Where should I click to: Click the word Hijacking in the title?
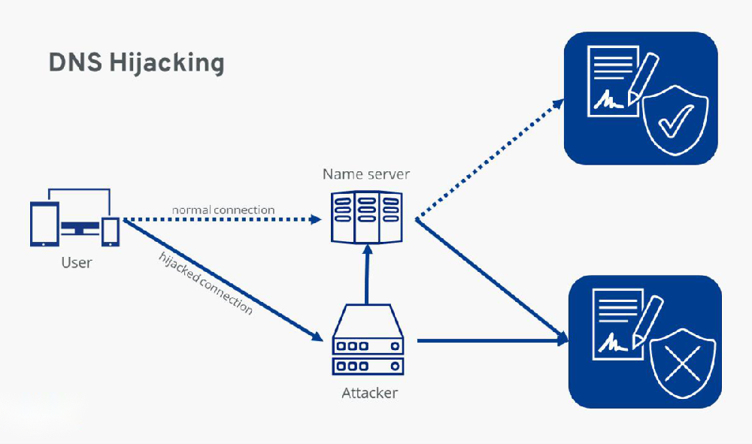coord(167,63)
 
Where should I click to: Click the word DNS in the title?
coord(75,62)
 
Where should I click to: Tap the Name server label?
coord(366,174)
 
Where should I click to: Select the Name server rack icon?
coord(367,217)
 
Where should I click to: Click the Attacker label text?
coord(370,393)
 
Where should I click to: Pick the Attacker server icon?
coord(368,340)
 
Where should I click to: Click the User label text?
coord(77,262)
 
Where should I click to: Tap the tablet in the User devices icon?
coord(44,224)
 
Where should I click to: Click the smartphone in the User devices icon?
coord(111,232)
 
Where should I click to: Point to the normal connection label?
coord(223,210)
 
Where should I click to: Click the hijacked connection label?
coord(205,283)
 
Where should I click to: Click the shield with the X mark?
coord(683,363)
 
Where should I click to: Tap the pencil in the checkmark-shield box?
coord(643,78)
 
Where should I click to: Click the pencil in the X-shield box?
coord(647,322)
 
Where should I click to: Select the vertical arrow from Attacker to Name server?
coord(368,274)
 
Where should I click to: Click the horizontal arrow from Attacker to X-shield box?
coord(493,340)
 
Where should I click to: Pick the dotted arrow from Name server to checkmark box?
coord(490,159)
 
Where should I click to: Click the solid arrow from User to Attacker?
coord(223,280)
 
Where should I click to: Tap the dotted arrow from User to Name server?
coord(223,219)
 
